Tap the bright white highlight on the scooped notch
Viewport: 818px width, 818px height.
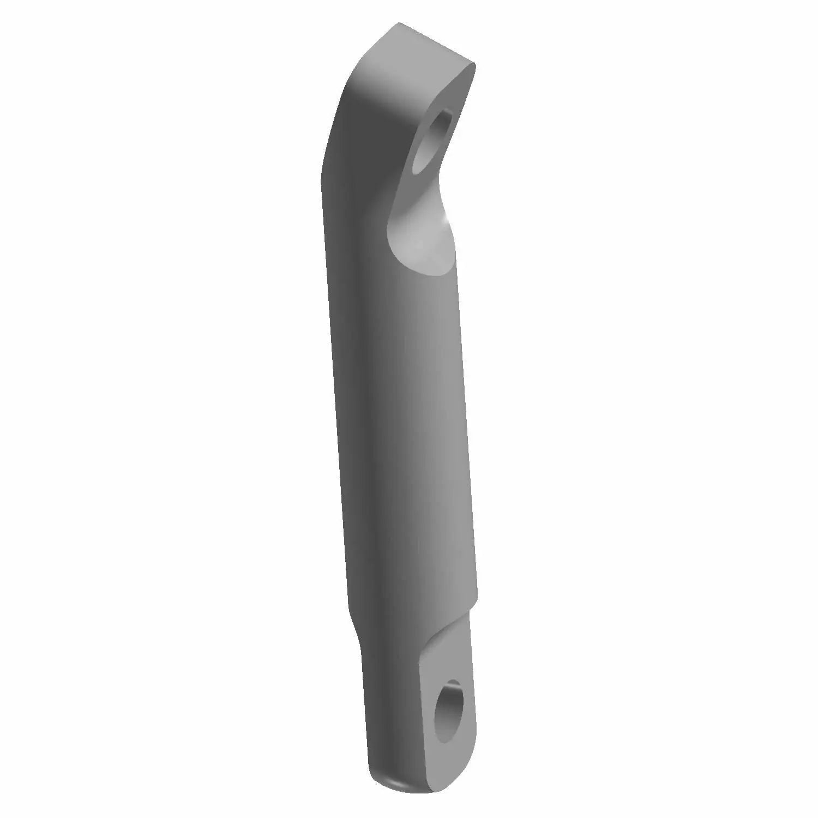447,218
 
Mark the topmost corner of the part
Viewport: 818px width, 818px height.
399,23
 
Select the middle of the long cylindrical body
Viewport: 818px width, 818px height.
404,409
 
